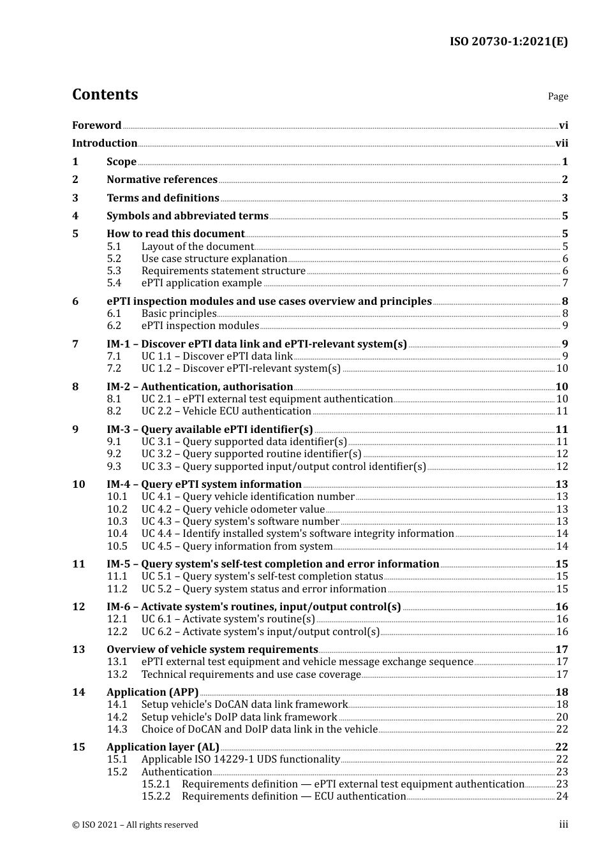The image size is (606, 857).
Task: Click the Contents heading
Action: pyautogui.click(x=105, y=94)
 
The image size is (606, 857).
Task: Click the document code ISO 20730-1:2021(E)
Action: pyautogui.click(x=508, y=42)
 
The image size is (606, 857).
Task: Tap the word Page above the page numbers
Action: pyautogui.click(x=558, y=96)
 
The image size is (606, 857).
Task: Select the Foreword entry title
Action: pyautogui.click(x=96, y=126)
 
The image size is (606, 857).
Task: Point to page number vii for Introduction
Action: pyautogui.click(x=561, y=143)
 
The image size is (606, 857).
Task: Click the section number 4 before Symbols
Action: pyautogui.click(x=75, y=216)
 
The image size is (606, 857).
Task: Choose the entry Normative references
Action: pyautogui.click(x=162, y=180)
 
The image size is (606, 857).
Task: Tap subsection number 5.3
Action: pyautogui.click(x=114, y=271)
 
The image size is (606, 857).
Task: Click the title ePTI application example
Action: pyautogui.click(x=202, y=283)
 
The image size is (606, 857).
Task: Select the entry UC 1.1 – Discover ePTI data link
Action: pyautogui.click(x=217, y=356)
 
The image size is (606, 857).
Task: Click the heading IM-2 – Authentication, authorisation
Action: pyautogui.click(x=200, y=387)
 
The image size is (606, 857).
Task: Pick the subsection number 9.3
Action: pyautogui.click(x=114, y=467)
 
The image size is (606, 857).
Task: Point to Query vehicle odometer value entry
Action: pyautogui.click(x=233, y=509)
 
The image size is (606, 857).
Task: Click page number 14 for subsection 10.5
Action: pyautogui.click(x=561, y=546)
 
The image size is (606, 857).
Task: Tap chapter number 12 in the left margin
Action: pyautogui.click(x=78, y=607)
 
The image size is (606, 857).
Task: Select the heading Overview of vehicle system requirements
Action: pyautogui.click(x=212, y=650)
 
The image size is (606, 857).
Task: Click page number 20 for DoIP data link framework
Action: pyautogui.click(x=561, y=717)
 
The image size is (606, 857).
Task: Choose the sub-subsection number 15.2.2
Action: pyautogui.click(x=156, y=796)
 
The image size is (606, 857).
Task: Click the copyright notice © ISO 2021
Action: pyautogui.click(x=135, y=825)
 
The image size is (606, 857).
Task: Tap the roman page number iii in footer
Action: pyautogui.click(x=563, y=825)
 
